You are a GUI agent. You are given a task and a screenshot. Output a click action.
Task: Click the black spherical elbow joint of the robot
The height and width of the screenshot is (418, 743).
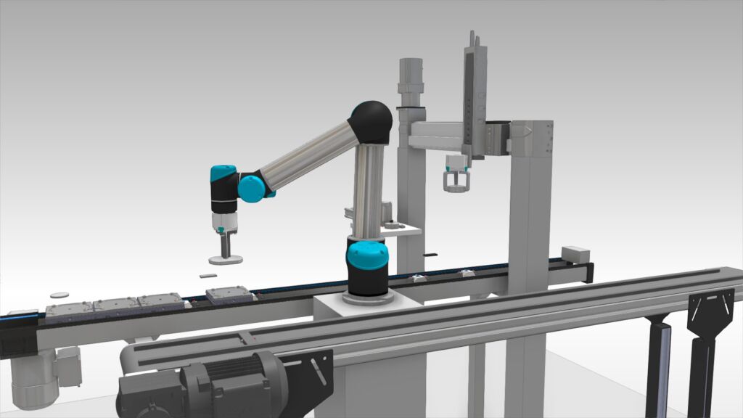371,122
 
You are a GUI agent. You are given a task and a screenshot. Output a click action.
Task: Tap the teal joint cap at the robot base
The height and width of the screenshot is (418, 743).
366,256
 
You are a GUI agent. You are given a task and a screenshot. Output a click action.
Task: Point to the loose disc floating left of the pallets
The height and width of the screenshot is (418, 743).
59,295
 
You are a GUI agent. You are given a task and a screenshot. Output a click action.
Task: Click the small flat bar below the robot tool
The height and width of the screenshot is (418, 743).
208,276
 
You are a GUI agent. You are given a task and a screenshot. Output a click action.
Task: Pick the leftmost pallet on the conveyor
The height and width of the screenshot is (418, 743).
68,311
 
